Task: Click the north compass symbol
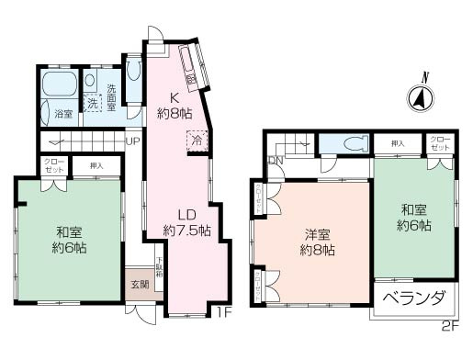click(419, 96)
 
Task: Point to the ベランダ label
click(412, 299)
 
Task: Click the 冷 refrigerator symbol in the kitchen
click(197, 141)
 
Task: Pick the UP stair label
click(132, 141)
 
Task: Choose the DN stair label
click(276, 161)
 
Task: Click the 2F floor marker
click(448, 324)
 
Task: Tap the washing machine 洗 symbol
click(92, 103)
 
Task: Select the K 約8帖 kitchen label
click(174, 107)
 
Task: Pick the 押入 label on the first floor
click(96, 165)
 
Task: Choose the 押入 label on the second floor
click(398, 143)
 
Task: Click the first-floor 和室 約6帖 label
click(70, 239)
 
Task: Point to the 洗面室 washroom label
click(111, 98)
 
